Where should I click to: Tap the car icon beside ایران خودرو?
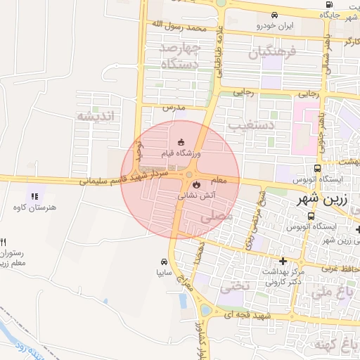(274, 14)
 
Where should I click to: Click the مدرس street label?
(173, 108)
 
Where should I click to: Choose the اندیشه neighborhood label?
(94, 116)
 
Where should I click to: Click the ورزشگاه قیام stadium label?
(181, 153)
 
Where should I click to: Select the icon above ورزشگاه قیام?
(181, 141)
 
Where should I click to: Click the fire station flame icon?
(195, 186)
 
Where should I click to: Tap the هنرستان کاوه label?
(34, 207)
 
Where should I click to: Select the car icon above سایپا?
(164, 259)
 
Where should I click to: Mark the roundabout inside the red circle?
(189, 174)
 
